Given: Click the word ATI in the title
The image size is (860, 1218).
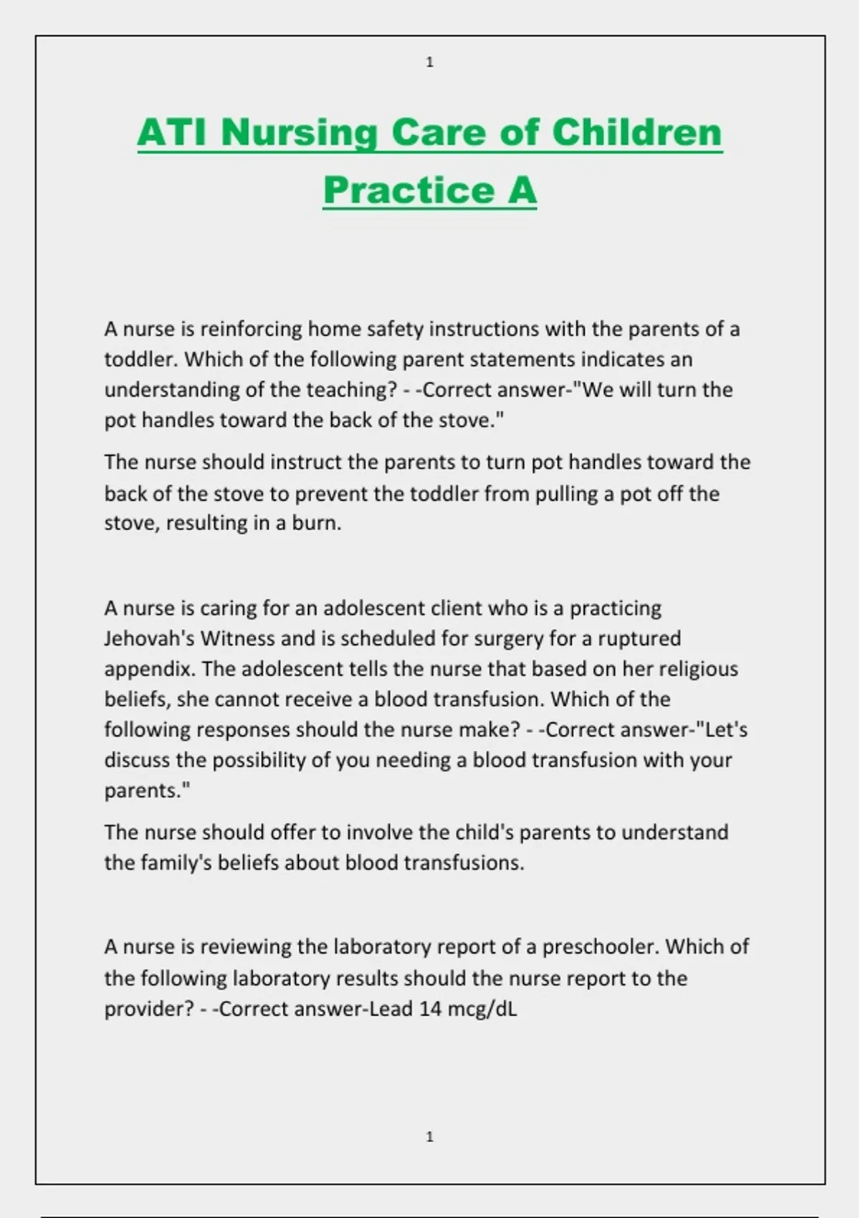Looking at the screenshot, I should coord(173,133).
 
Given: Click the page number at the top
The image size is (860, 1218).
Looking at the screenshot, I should coord(430,62).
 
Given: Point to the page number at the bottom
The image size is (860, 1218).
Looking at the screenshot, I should coord(430,1136).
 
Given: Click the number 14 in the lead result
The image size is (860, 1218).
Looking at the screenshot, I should coord(430,1009).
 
